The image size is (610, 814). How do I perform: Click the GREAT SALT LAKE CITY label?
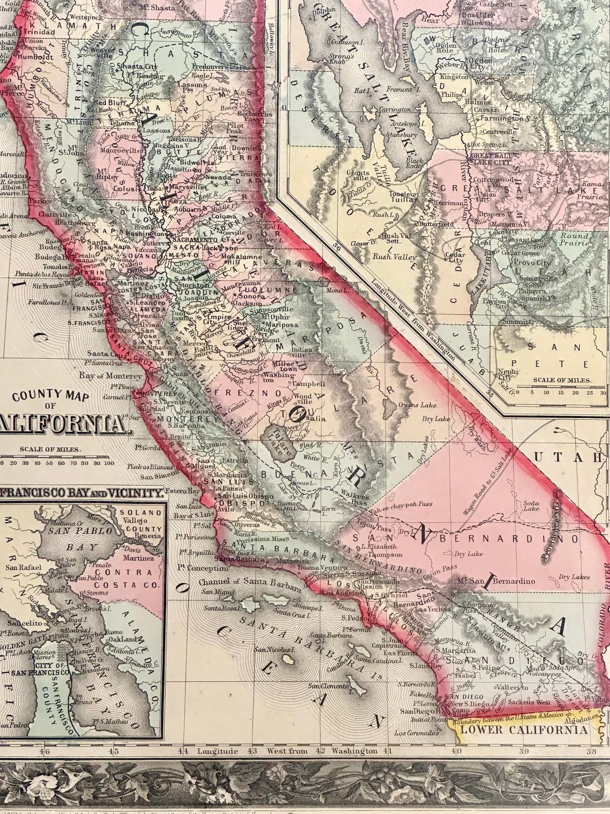(x=491, y=159)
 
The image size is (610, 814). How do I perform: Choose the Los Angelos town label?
(x=342, y=593)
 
